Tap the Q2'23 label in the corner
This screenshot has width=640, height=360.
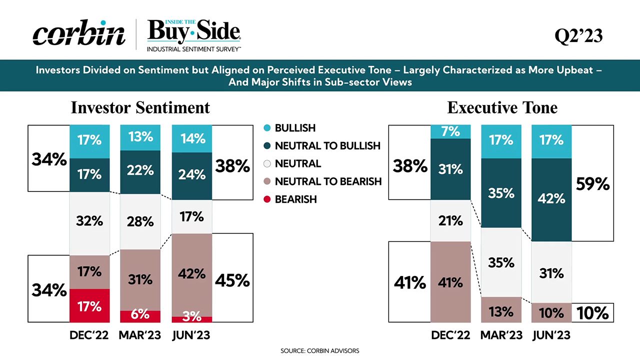[x=578, y=36]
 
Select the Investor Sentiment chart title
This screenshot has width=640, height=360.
[x=140, y=107]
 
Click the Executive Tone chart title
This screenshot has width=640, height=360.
[x=502, y=107]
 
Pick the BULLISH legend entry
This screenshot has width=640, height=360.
[x=295, y=128]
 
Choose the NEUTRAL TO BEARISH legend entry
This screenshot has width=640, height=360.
[x=328, y=181]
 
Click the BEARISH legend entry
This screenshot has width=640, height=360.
[x=295, y=199]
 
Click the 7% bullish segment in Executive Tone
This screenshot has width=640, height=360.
[x=450, y=131]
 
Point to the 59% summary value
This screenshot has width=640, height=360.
[x=592, y=184]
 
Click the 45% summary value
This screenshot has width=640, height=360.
[x=232, y=280]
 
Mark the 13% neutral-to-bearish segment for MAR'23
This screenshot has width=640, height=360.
[x=500, y=311]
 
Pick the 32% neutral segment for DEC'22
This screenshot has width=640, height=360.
[x=89, y=220]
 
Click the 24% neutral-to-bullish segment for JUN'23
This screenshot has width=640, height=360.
[x=191, y=174]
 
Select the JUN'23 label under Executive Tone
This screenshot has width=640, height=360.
[x=550, y=335]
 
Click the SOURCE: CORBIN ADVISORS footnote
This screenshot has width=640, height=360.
[x=319, y=351]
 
